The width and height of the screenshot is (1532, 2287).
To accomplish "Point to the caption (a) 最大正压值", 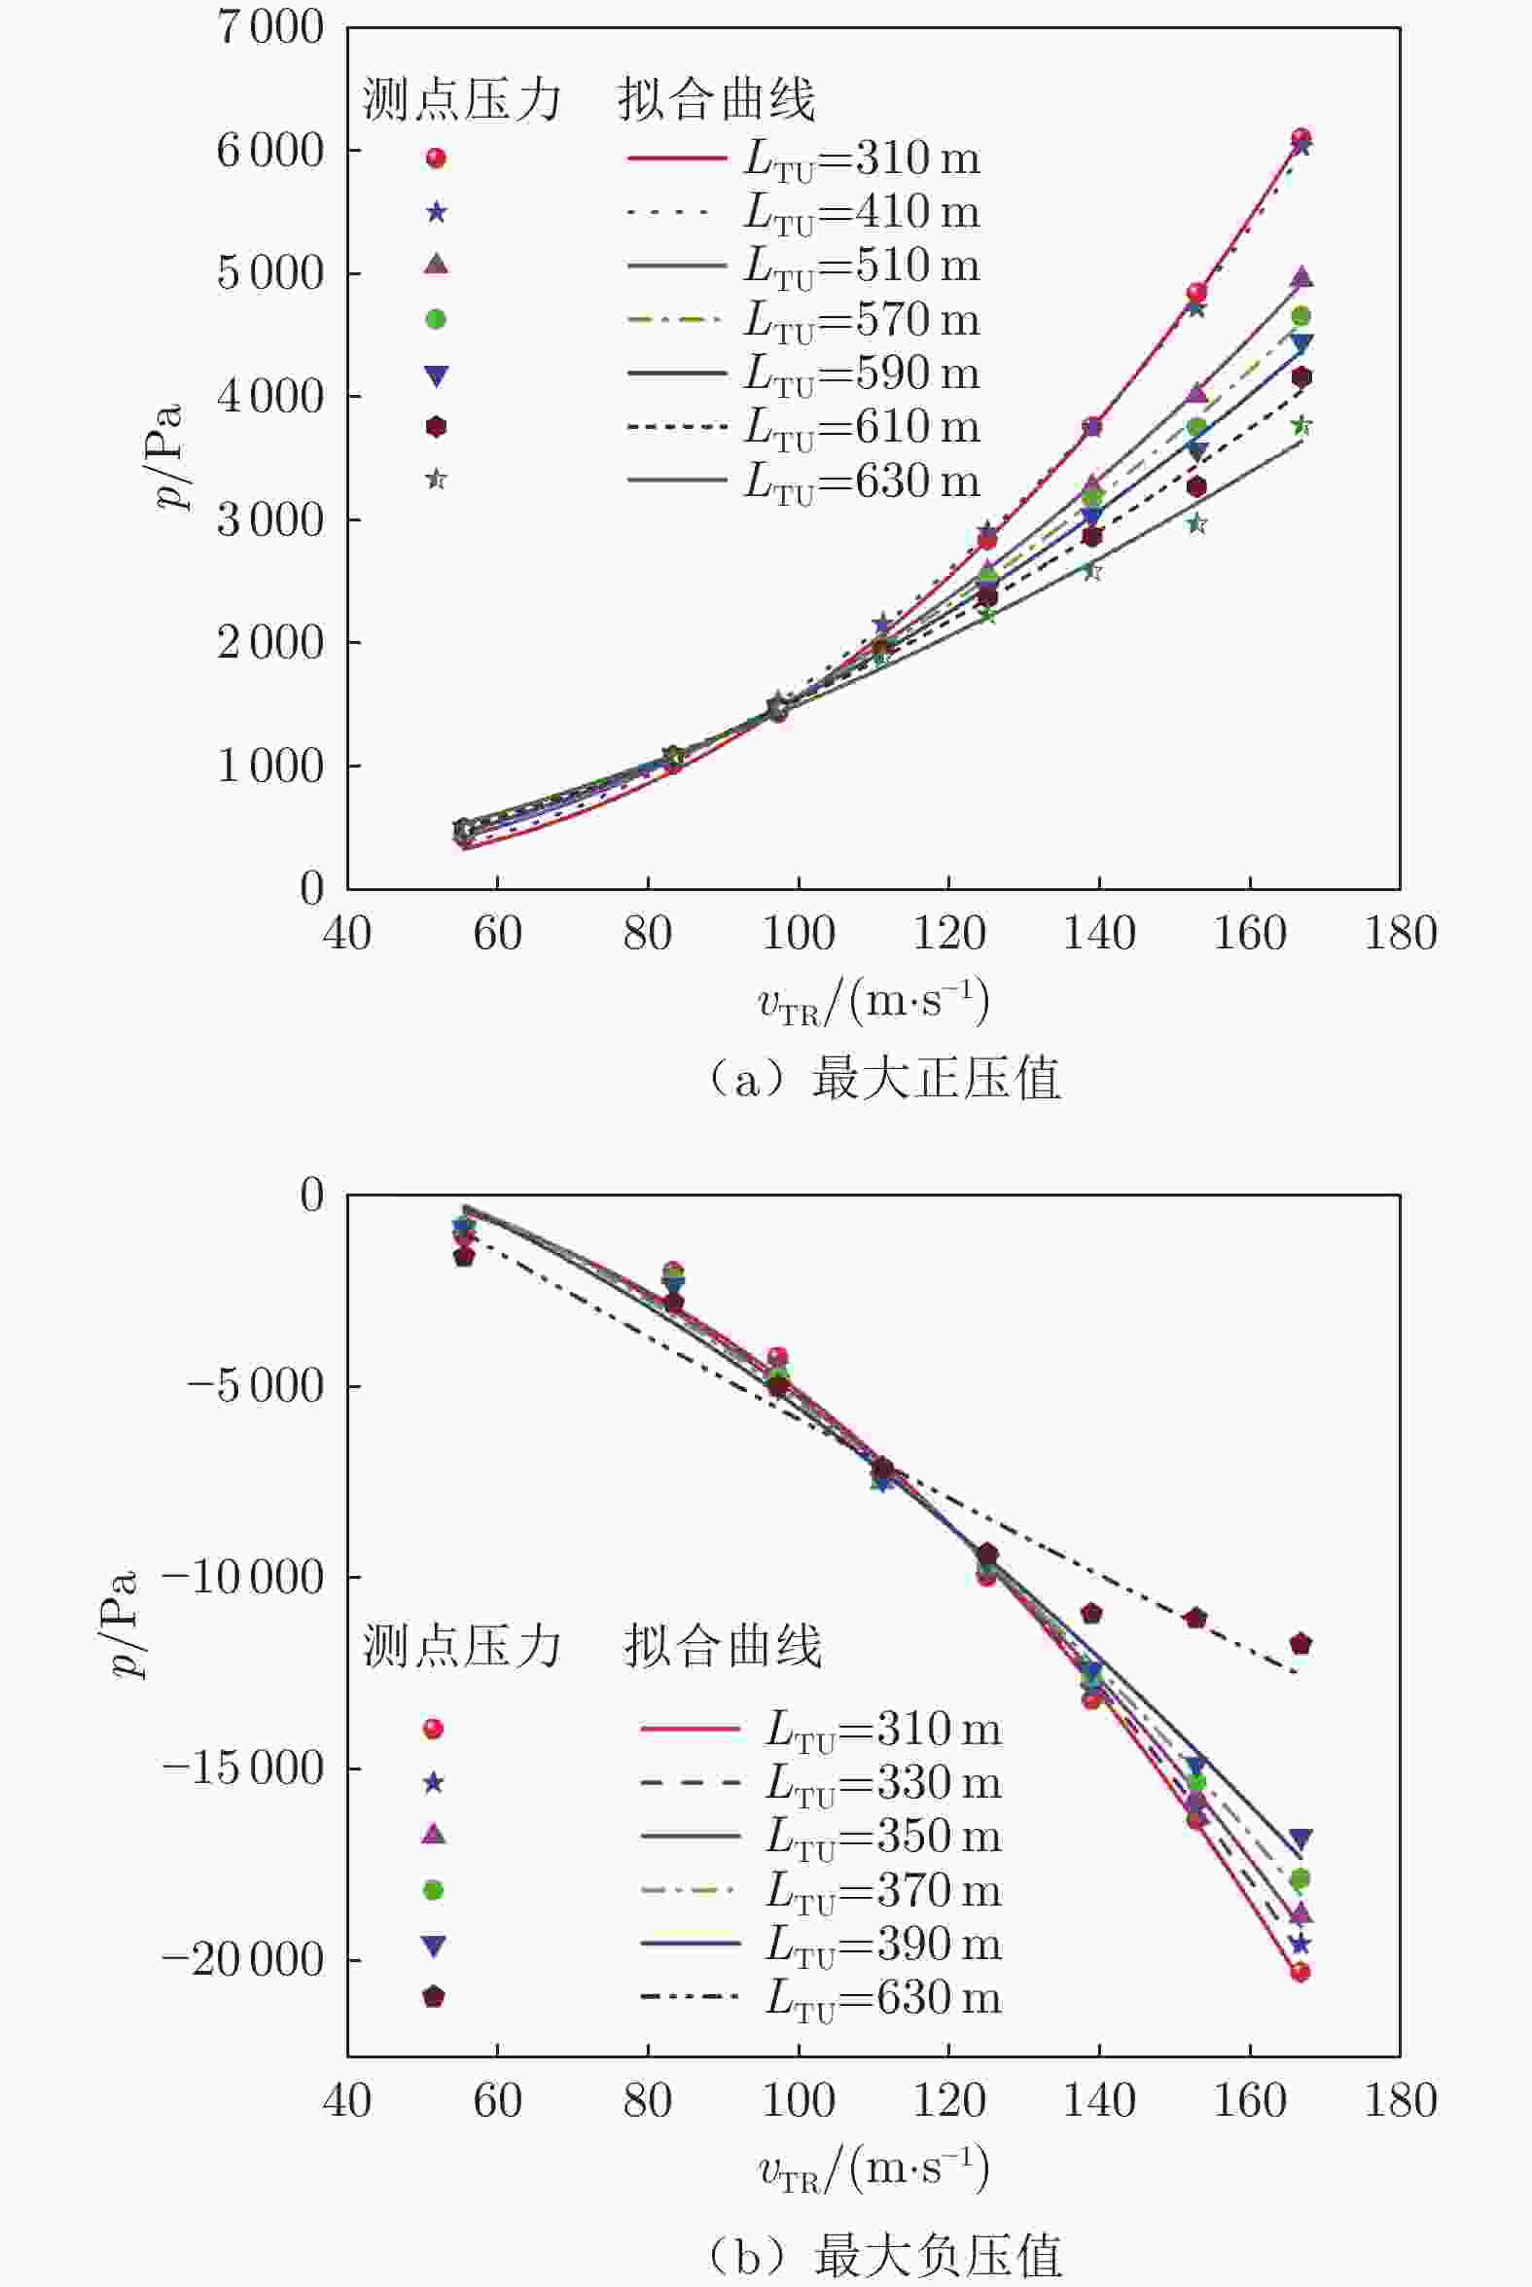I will [x=883, y=1079].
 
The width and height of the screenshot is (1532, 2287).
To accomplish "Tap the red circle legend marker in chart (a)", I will [x=436, y=159].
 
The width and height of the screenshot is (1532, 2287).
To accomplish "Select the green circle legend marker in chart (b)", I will [x=433, y=1890].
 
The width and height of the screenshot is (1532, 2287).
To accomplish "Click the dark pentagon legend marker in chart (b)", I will [x=433, y=1997].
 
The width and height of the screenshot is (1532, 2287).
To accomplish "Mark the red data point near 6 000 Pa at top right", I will [x=1300, y=139].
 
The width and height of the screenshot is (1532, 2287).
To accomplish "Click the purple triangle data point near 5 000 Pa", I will [x=1300, y=278].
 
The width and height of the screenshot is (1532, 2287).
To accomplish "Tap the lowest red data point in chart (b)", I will [x=1300, y=1972].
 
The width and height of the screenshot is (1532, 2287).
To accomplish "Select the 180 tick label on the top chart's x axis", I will [x=1400, y=934].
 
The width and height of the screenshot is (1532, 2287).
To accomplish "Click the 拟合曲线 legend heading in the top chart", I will [x=716, y=99].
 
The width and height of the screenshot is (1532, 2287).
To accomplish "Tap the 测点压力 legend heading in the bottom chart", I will [x=462, y=1646].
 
